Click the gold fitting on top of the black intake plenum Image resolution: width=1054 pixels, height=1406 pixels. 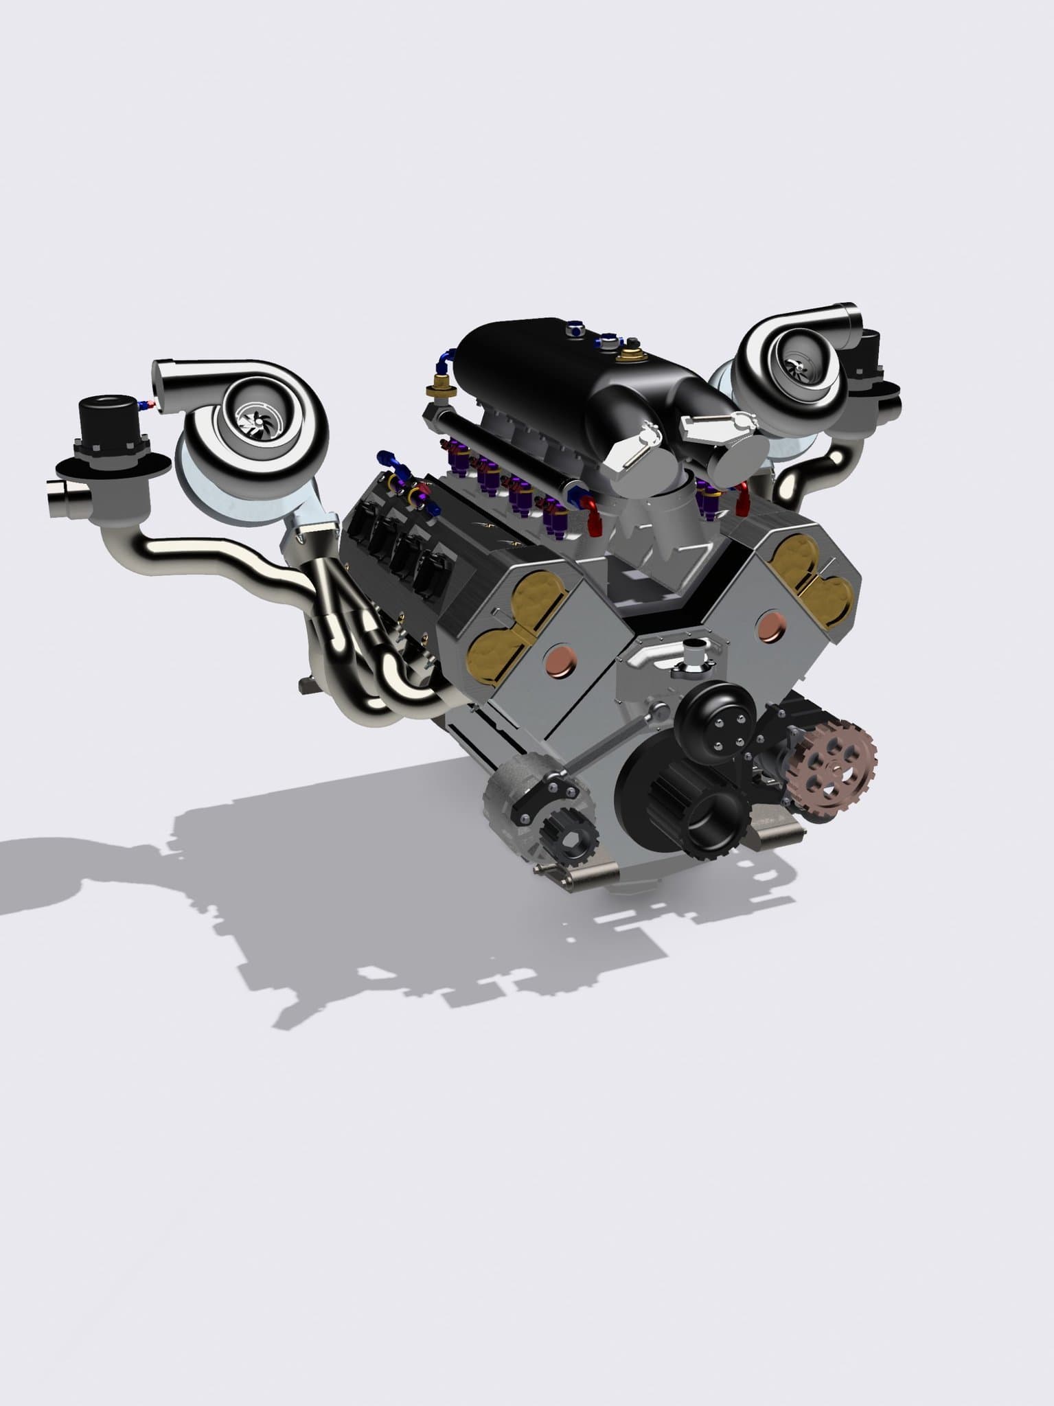pyautogui.click(x=627, y=355)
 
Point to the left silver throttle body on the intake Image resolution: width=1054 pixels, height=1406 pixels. pyautogui.click(x=632, y=450)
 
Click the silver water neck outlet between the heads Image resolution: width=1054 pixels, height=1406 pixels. pyautogui.click(x=693, y=649)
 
